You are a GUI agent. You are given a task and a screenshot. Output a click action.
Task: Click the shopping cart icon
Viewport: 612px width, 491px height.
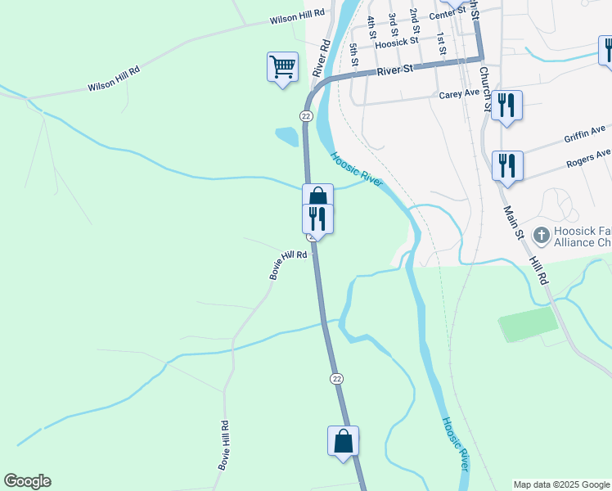(282, 65)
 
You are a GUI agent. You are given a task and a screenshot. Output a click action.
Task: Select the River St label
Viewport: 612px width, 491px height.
(395, 71)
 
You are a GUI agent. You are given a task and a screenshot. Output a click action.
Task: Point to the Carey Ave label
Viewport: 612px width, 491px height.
(459, 94)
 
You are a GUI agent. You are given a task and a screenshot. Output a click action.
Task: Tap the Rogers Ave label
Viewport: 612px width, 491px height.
(587, 158)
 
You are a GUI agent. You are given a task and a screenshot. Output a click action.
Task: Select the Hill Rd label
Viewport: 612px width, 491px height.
(539, 268)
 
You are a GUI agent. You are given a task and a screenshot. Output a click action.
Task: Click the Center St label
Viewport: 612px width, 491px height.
(446, 14)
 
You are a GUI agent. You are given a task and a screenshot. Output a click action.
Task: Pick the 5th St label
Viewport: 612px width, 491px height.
(353, 56)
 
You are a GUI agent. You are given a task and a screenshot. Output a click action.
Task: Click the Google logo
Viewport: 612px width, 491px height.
(27, 481)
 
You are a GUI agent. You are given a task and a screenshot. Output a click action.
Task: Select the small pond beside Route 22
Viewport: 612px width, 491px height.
(287, 137)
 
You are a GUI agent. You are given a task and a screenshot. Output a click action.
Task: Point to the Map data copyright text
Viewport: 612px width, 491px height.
(561, 484)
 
